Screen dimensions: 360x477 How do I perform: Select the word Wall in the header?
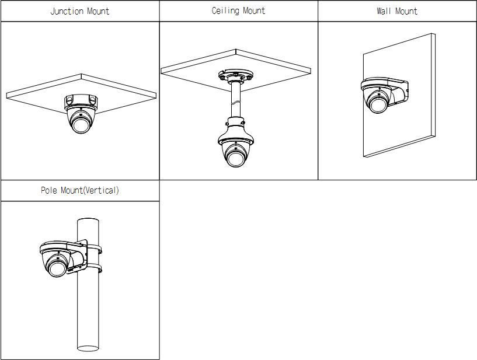384,11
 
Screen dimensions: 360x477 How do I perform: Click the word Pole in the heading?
49,190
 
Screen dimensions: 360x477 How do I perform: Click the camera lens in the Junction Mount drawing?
80,124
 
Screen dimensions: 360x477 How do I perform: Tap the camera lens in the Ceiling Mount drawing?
235,158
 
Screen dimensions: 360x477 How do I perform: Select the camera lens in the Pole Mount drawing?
56,268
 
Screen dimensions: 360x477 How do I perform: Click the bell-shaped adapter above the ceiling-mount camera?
235,131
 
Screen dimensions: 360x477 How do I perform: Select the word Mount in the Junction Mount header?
96,11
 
